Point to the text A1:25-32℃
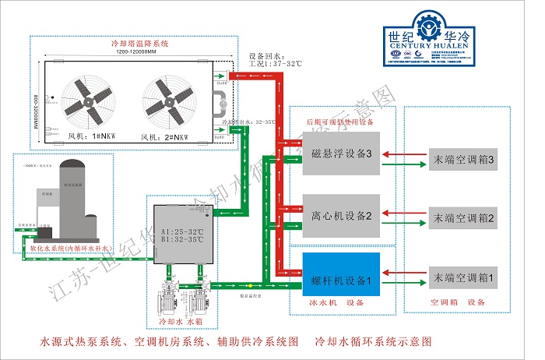[x=181, y=231]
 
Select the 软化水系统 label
[x=71, y=249]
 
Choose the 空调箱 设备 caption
[x=459, y=302]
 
